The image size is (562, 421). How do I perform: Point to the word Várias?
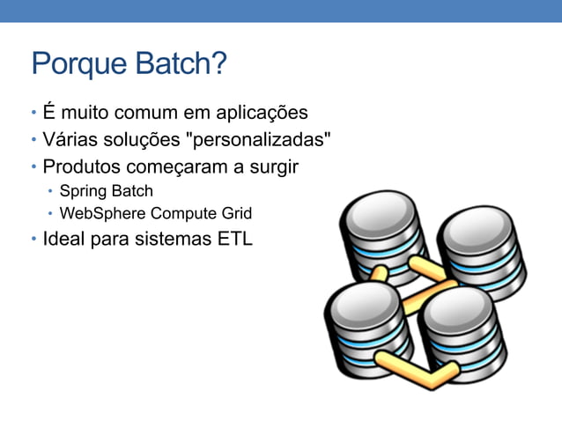[71, 139]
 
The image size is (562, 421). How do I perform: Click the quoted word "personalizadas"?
[255, 139]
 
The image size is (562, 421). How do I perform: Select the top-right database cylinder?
[481, 255]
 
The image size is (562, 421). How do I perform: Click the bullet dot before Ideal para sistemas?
[33, 240]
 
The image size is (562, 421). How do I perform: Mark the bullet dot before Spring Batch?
[51, 191]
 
